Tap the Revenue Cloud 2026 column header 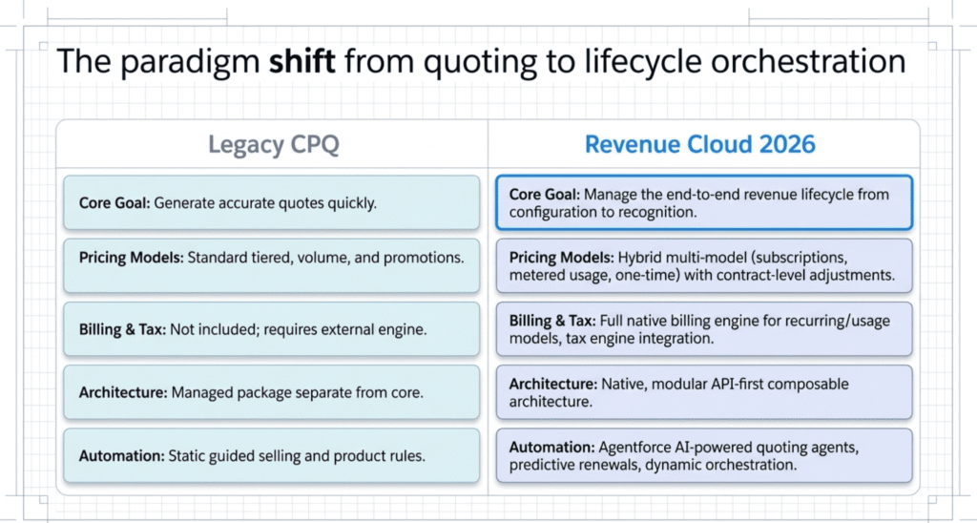click(x=699, y=145)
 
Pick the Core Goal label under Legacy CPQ click(x=114, y=202)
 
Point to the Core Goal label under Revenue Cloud click(x=545, y=195)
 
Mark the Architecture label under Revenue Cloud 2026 click(x=553, y=384)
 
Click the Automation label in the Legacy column click(x=119, y=455)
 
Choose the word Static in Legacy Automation click(x=187, y=455)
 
